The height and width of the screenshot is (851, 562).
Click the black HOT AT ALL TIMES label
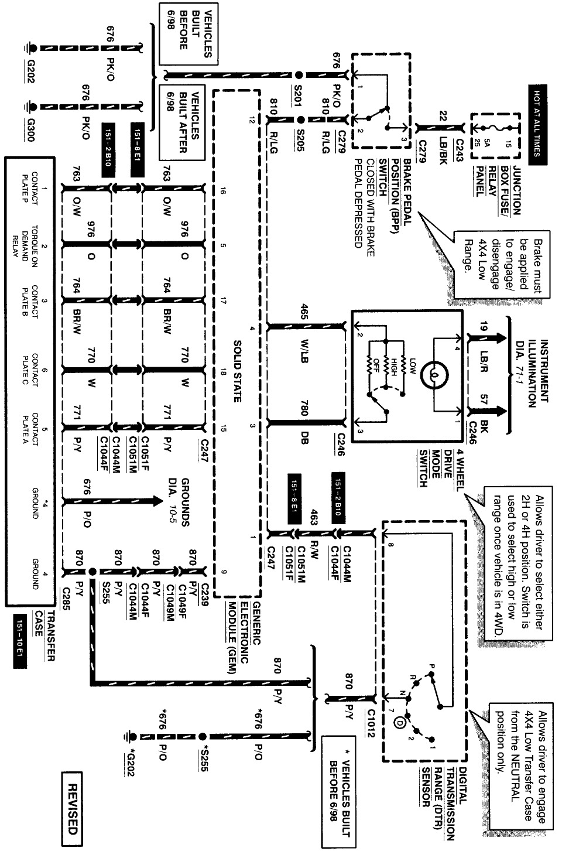point(537,124)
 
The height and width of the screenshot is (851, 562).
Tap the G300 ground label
point(30,129)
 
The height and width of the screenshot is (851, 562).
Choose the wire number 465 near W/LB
point(304,312)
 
